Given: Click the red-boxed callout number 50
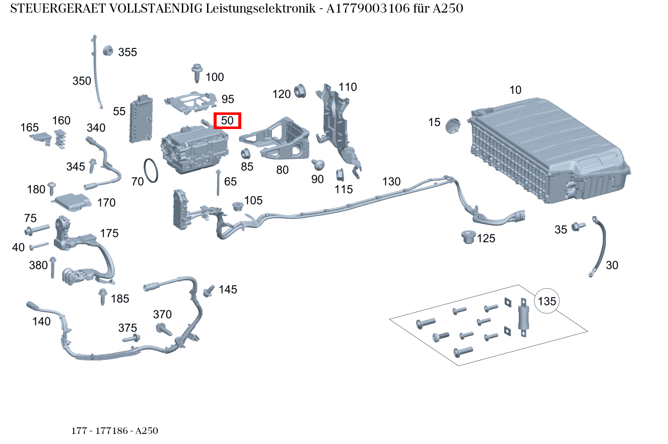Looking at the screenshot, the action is click(228, 121).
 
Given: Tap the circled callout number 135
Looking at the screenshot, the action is click(547, 301).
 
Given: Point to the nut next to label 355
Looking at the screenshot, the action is click(107, 50).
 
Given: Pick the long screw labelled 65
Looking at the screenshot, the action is click(218, 183).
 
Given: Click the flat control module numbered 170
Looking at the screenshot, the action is click(72, 202).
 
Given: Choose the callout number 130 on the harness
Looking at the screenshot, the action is click(391, 181).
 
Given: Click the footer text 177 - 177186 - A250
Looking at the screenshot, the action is click(115, 431).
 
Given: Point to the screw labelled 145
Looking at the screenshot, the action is click(208, 291).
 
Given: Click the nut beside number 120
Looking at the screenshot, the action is click(299, 92).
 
